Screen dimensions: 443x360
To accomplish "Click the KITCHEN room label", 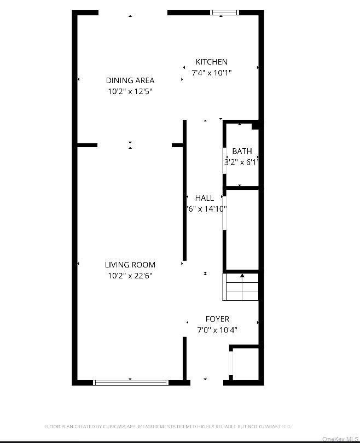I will pos(211,62).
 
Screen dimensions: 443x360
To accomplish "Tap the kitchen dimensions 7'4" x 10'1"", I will pos(211,73).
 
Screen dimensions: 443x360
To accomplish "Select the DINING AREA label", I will pos(130,80).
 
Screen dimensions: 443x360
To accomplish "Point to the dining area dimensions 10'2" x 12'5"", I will pos(130,91).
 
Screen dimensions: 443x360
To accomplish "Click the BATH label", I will pos(242,151).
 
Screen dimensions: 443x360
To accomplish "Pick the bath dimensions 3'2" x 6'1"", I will pos(241,162).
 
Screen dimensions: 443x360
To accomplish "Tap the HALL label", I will pos(205,198).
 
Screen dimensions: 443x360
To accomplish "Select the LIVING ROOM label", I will pos(130,265).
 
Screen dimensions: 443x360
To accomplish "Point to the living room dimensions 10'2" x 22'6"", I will pos(130,276).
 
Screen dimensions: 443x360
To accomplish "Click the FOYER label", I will pos(217,319).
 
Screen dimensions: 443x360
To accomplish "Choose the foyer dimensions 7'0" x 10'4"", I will pos(217,330).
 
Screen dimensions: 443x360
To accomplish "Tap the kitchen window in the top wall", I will pos(225,12).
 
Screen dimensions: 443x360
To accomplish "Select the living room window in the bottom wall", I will pos(131,382).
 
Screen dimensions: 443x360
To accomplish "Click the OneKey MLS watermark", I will pos(340,439).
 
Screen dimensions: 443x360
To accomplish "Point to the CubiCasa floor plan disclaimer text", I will pos(167,425).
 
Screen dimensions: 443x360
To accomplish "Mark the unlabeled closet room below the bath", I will pos(242,230).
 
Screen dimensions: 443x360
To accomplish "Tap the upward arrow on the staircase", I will pos(242,276).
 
